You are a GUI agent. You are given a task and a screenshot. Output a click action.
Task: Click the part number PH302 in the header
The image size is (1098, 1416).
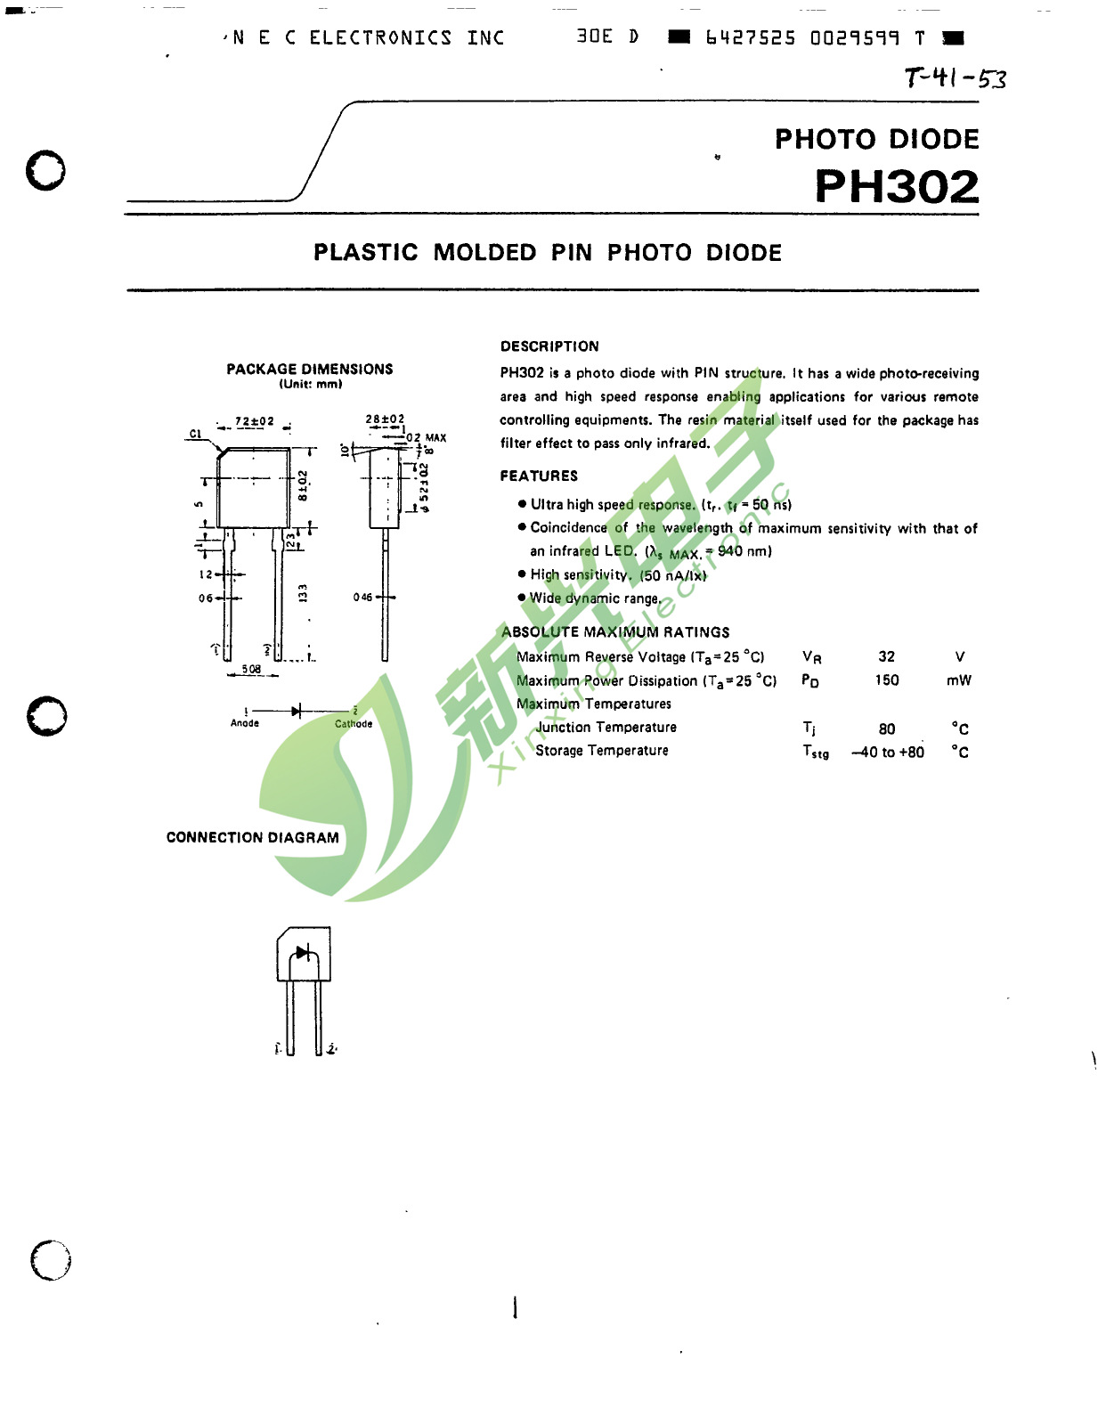(x=896, y=187)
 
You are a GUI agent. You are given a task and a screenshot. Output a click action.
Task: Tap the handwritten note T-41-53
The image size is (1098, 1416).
(x=955, y=78)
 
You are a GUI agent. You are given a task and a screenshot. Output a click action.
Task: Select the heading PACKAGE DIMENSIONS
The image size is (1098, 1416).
(x=309, y=369)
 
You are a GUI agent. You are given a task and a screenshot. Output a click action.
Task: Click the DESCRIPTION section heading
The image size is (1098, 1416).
(x=549, y=346)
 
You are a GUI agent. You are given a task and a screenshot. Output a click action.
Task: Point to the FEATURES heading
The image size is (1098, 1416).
(x=539, y=476)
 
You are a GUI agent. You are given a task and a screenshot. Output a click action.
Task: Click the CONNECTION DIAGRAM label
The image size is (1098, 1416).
(x=252, y=837)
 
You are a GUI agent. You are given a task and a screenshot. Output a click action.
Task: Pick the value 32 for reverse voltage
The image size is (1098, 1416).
(x=886, y=656)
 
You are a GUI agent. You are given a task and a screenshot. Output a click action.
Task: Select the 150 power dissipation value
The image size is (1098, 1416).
(x=886, y=680)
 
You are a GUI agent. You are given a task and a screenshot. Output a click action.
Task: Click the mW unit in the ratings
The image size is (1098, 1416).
(x=959, y=680)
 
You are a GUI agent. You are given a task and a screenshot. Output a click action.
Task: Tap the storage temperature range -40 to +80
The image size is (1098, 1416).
(x=888, y=753)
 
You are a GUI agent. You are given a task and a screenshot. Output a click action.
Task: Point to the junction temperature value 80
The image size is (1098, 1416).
(x=886, y=728)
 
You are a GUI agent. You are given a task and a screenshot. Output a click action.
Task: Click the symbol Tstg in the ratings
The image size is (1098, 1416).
(x=815, y=753)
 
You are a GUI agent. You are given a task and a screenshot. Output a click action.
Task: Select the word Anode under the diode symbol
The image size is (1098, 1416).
(x=245, y=723)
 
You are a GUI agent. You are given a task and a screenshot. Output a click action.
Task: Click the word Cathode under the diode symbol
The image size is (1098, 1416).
(x=354, y=724)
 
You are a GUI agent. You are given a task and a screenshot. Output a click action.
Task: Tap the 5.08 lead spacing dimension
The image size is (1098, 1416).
(x=252, y=669)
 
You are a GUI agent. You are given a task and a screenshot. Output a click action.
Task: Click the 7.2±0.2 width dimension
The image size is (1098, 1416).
(x=255, y=421)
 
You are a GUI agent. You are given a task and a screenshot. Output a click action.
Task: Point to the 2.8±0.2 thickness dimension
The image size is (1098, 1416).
(x=385, y=419)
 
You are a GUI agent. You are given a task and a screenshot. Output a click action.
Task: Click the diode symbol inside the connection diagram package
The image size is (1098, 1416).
(x=303, y=953)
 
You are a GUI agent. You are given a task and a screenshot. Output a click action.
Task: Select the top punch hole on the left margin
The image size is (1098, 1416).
(x=45, y=170)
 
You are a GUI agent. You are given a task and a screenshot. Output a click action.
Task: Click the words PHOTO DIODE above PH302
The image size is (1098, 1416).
(x=876, y=139)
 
